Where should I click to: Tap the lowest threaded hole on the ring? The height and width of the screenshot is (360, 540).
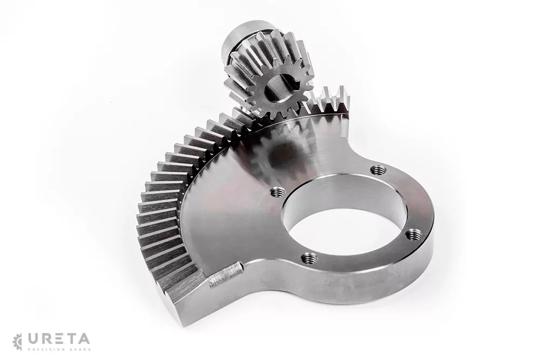(x=309, y=257)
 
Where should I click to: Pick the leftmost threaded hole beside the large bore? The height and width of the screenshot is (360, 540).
(x=276, y=192)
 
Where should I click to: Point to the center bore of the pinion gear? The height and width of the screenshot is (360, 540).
(x=276, y=86)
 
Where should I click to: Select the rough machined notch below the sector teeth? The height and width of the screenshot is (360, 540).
(x=225, y=274)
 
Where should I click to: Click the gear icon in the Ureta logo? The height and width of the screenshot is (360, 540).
(x=17, y=341)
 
